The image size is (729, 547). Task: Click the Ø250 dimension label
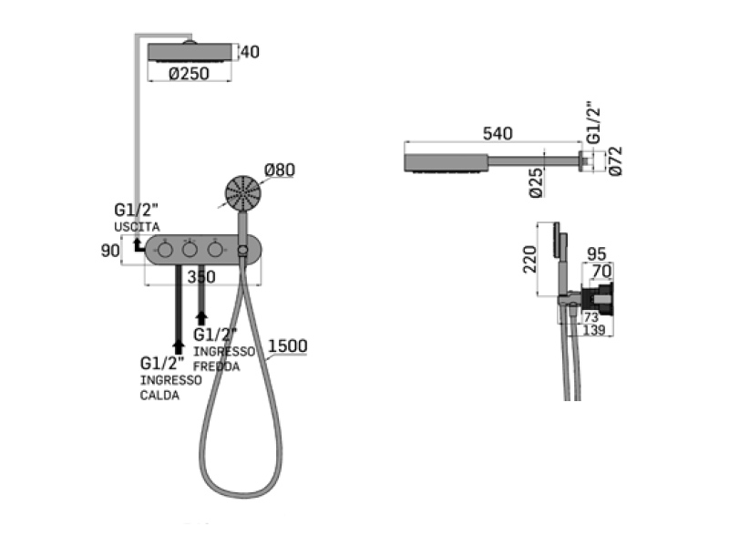(189, 74)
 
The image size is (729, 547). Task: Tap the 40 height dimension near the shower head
(250, 52)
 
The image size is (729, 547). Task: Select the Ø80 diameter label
(280, 170)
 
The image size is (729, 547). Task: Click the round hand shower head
(242, 193)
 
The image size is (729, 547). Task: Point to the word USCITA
(137, 227)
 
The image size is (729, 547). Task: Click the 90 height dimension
(110, 251)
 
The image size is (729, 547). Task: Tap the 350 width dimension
(201, 277)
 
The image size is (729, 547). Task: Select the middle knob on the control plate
(190, 250)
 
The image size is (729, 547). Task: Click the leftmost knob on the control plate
(165, 250)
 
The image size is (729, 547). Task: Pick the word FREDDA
(217, 366)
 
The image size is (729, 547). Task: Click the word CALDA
(159, 396)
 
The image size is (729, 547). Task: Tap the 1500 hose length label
(288, 346)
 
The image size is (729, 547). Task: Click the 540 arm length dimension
(498, 133)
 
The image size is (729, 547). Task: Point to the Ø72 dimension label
(615, 161)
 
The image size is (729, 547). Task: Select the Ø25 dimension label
(536, 183)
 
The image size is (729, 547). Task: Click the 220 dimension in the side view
(530, 259)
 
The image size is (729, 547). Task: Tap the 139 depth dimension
(594, 330)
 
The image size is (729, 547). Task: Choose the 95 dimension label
(597, 254)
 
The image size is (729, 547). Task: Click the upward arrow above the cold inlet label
(201, 318)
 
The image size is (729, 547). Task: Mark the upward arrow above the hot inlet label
(179, 347)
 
